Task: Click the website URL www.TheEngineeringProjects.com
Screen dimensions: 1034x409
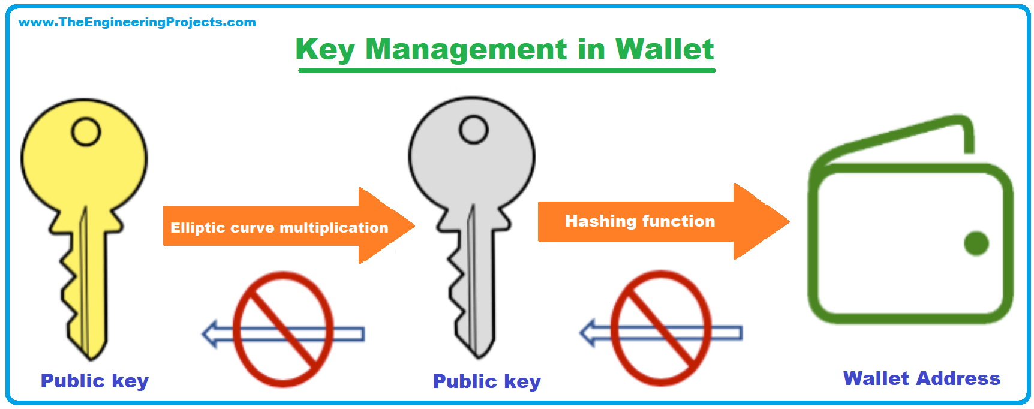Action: coord(137,22)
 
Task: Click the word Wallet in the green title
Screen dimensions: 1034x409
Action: coord(665,49)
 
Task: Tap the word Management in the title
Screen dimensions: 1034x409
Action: coord(466,49)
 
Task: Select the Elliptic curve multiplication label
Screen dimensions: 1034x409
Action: coord(279,228)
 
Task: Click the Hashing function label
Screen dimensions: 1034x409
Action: coord(640,221)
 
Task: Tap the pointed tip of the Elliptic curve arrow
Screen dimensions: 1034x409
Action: coord(414,226)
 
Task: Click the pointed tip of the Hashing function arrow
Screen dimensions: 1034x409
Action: coord(789,221)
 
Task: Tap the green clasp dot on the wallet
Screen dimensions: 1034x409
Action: coord(976,243)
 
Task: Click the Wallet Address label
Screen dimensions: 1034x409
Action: coord(922,378)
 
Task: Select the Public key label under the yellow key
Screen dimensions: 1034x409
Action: coord(95,381)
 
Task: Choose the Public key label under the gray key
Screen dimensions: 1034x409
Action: coord(487,382)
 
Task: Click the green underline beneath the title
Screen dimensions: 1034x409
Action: coord(507,70)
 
